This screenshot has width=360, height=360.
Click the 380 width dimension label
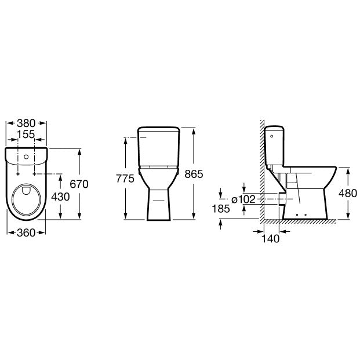pos(26,123)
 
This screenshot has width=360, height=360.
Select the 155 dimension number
pos(26,134)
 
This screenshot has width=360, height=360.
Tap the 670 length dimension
pos(79,184)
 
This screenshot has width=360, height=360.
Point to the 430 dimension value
pos(60,197)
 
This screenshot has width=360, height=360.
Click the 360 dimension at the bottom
pos(26,233)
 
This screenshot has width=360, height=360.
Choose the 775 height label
pos(125,179)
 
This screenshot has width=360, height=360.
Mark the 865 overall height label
pos(194,174)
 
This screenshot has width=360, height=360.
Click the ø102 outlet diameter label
pos(243,199)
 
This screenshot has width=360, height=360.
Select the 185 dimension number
pos(221,209)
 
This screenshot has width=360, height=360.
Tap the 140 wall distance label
pos(271,239)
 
